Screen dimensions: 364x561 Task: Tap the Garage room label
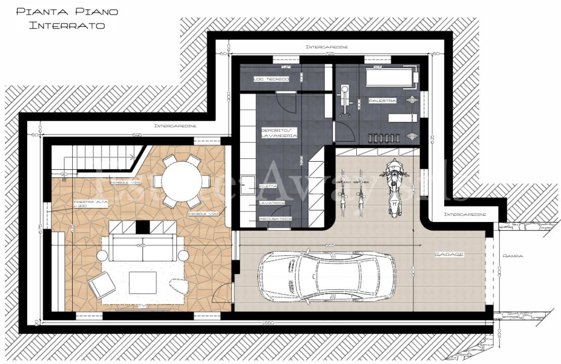click(x=449, y=254)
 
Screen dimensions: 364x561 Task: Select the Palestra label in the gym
click(x=382, y=101)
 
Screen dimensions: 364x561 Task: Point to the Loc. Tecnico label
click(x=271, y=79)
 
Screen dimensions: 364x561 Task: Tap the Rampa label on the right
click(x=512, y=256)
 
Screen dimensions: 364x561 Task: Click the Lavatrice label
click(x=272, y=203)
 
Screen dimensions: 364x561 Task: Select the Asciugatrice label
click(x=274, y=218)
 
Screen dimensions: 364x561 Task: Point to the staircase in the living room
click(x=96, y=158)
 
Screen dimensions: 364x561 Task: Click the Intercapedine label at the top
click(x=326, y=47)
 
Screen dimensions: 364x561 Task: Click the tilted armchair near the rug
click(x=102, y=286)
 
